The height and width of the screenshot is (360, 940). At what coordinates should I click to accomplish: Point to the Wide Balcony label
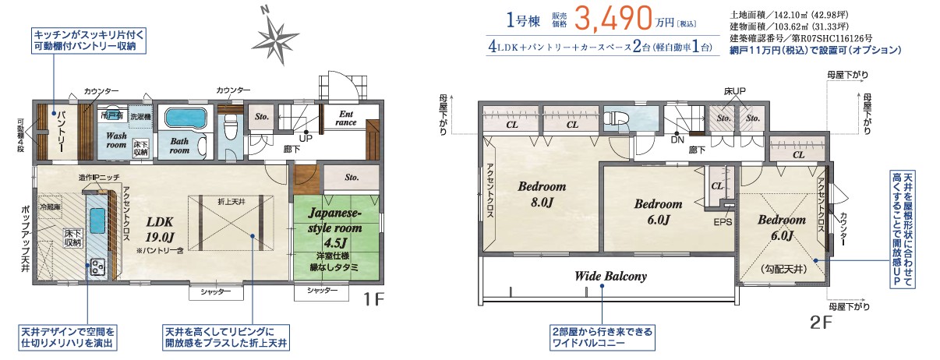click(x=610, y=276)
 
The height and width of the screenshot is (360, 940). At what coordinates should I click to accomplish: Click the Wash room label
click(x=116, y=139)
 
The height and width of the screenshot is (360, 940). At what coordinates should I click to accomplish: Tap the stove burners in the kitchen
click(x=98, y=266)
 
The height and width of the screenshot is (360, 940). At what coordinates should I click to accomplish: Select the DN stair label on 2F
click(x=677, y=141)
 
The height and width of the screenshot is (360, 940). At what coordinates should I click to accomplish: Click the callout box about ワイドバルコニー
click(x=602, y=337)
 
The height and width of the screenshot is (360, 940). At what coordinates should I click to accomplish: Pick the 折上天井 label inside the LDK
click(x=231, y=202)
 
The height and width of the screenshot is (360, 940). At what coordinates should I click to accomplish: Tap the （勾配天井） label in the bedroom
click(x=780, y=270)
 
